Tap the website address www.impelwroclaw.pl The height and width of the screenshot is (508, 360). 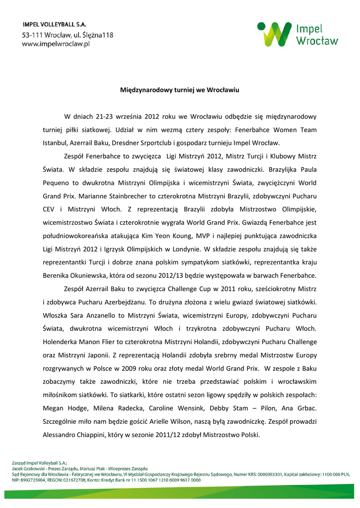pos(55,44)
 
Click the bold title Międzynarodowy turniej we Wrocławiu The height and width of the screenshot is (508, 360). pos(180,91)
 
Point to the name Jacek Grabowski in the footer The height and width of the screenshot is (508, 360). pos(28,468)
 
